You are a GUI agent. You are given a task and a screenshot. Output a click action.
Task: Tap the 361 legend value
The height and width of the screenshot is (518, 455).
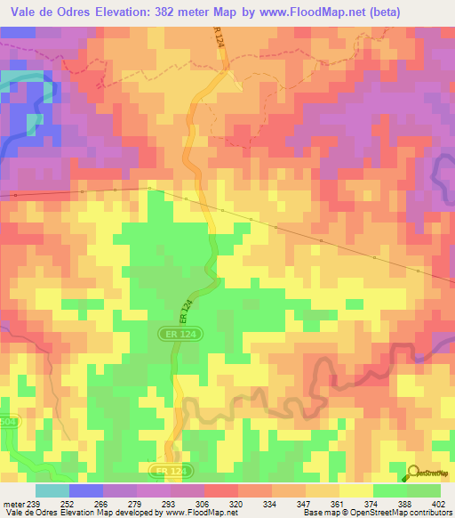(339, 503)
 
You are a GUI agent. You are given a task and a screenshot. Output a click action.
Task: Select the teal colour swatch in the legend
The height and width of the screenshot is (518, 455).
(52, 490)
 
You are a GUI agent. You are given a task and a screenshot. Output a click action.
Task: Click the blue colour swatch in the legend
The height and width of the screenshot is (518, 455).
(86, 490)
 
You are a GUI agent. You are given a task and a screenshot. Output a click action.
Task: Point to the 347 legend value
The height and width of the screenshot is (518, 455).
(301, 503)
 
